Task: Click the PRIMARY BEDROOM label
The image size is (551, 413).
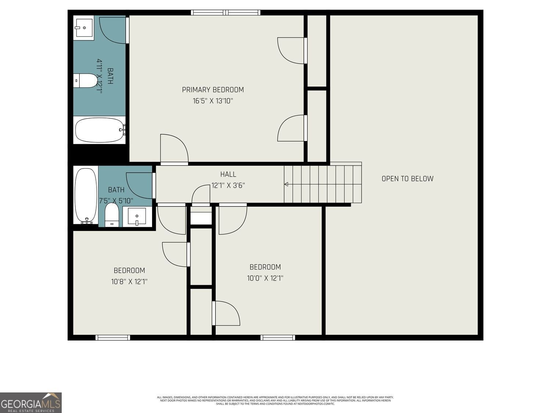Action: (213, 90)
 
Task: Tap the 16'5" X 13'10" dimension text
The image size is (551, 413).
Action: (213, 101)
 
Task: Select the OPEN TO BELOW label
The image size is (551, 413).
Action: (407, 179)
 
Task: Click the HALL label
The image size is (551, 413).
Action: (228, 174)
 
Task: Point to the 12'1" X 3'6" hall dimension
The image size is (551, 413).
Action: (228, 185)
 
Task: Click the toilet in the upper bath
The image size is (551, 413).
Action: (85, 81)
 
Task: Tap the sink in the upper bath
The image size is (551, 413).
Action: (84, 28)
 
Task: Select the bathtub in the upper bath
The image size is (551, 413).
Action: (100, 130)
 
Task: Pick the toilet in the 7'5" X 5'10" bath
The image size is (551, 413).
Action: (112, 215)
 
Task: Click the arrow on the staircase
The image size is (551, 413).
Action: (286, 184)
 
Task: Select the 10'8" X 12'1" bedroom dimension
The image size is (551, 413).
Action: (129, 282)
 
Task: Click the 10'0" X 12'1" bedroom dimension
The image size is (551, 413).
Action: (265, 278)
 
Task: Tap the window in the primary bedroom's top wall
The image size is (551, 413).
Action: (226, 13)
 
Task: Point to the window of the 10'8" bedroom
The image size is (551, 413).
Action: (113, 337)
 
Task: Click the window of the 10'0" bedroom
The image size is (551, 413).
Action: (278, 337)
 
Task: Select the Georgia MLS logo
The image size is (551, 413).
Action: (31, 403)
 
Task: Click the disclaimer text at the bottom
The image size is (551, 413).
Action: (275, 400)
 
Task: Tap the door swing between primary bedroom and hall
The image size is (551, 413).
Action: (174, 149)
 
